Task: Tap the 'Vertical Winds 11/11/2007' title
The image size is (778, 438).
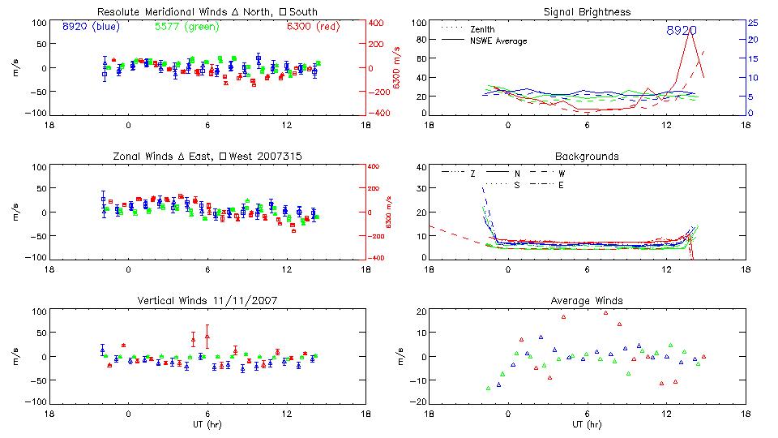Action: pos(208,300)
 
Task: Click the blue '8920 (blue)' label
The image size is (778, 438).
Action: pos(91,27)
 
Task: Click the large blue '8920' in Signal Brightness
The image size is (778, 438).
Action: pos(681,31)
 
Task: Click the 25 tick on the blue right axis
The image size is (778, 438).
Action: pos(752,23)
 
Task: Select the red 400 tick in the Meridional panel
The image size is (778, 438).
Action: pos(378,23)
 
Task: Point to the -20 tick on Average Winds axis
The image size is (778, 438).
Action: pos(418,401)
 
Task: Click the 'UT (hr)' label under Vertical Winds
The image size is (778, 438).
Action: pos(208,424)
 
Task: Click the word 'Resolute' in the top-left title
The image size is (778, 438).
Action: pos(120,12)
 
